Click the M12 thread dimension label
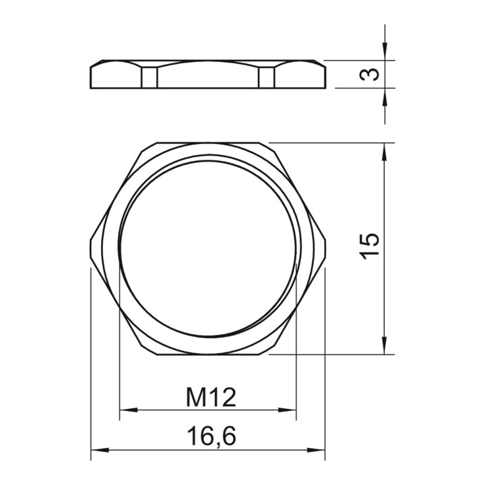(211, 397)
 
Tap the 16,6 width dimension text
(212, 436)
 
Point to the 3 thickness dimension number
(369, 74)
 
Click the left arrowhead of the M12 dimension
(129, 410)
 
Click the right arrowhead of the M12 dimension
(288, 410)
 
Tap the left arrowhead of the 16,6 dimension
(100, 449)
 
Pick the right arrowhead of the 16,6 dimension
(316, 449)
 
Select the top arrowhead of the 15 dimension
(385, 152)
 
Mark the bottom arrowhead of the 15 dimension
(385, 346)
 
